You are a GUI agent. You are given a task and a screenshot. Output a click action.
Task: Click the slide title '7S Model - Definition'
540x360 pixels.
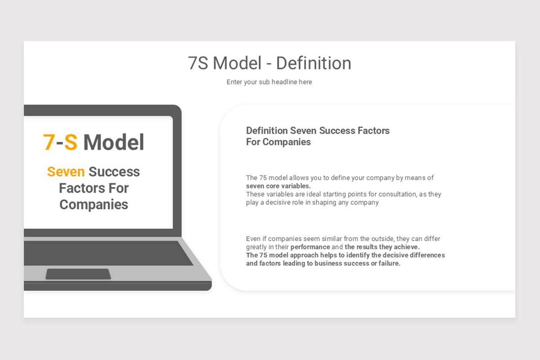(x=270, y=63)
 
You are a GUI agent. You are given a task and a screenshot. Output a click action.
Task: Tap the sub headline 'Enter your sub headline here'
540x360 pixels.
(x=269, y=82)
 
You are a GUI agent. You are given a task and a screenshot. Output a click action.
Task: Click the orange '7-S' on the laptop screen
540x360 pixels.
(x=60, y=142)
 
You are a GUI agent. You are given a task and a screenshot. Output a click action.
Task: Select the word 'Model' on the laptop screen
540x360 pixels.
(x=114, y=142)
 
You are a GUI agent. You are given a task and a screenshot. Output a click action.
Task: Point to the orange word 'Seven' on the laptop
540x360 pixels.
(x=66, y=171)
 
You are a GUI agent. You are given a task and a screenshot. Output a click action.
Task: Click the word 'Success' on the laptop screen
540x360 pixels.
(x=114, y=171)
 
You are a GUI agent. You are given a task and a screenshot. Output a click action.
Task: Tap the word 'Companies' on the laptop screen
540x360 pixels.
(x=94, y=204)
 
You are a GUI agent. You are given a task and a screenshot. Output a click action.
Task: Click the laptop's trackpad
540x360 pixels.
(x=78, y=274)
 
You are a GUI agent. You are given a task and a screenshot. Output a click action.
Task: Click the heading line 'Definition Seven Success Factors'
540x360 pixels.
(x=318, y=130)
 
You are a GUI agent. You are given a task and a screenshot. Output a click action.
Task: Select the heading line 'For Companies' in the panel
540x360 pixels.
(x=278, y=142)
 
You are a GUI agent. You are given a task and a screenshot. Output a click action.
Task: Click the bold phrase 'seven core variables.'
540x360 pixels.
(x=278, y=186)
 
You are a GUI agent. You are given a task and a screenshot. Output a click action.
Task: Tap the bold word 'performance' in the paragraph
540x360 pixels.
(x=310, y=247)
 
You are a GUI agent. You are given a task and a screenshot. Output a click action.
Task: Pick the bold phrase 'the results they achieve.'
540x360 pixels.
(x=382, y=247)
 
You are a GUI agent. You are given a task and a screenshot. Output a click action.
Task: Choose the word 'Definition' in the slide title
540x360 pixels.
(x=314, y=63)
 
